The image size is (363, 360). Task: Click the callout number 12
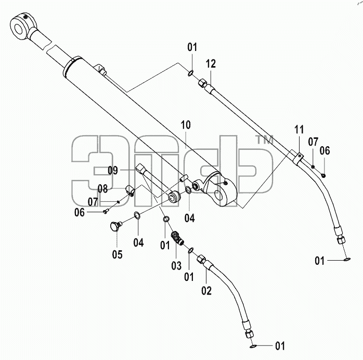pos(211,63)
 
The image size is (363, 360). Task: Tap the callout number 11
pos(299,130)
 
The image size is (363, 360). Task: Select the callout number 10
pos(186,125)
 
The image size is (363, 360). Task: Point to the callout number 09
pos(113,171)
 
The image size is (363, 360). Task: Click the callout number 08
pos(102,189)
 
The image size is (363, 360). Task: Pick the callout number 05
pos(117,254)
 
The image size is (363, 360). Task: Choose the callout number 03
pos(176,265)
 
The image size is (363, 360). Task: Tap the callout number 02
pos(206,290)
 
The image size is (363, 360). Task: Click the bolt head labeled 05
pos(115,226)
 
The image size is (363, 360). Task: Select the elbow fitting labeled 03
pos(177,238)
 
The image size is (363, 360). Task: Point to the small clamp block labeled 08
pos(130,190)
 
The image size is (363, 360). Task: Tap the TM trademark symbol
pos(264,139)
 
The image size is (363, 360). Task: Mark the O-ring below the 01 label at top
pos(190,74)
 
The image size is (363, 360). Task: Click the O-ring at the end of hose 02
pos(253,346)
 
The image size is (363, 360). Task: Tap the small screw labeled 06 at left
pos(106,211)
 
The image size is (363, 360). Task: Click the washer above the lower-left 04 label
pos(137,215)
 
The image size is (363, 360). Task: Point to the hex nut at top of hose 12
pos(202,83)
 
